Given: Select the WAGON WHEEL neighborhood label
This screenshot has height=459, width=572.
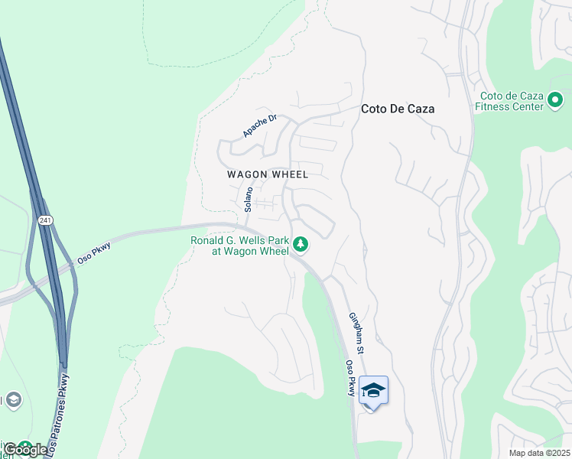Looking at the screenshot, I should tap(268, 174).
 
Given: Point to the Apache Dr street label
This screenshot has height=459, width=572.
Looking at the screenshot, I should tap(258, 126).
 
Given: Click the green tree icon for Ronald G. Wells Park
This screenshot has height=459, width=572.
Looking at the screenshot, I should tap(301, 245).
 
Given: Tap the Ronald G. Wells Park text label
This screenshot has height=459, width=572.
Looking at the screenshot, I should tap(239, 246).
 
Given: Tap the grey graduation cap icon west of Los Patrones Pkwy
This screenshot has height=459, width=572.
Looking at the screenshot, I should tap(13, 399).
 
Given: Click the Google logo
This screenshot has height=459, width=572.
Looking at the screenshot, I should tap(24, 449).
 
